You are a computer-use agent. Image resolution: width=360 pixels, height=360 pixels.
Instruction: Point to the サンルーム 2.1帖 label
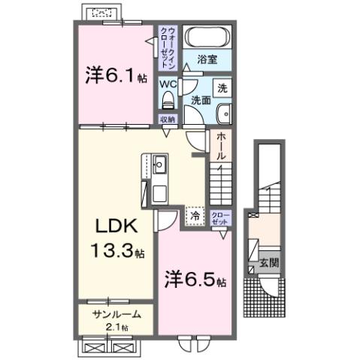click(113, 319)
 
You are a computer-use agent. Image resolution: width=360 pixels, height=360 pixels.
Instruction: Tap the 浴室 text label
click(207, 58)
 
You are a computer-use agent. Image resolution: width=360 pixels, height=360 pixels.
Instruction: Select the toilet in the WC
click(168, 99)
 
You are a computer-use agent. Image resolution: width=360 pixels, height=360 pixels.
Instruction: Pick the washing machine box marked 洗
click(222, 86)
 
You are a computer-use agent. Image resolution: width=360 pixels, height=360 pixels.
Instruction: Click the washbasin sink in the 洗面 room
click(223, 113)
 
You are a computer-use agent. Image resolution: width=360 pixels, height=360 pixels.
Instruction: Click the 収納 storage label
click(167, 119)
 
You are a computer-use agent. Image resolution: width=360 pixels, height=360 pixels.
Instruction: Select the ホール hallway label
click(222, 145)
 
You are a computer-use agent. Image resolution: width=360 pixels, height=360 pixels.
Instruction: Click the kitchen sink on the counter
click(159, 165)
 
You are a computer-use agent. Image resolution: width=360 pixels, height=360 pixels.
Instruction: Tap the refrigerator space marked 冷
click(195, 216)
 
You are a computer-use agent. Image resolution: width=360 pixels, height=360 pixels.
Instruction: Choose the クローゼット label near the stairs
click(221, 217)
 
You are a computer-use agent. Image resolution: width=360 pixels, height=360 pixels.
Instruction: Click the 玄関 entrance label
click(268, 264)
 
